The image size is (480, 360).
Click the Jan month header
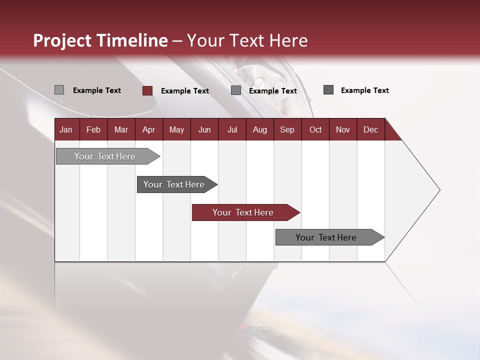click(x=66, y=129)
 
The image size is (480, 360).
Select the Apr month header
click(x=148, y=129)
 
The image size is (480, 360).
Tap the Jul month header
click(x=232, y=129)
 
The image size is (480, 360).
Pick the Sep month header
click(x=287, y=129)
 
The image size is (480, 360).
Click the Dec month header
click(x=370, y=129)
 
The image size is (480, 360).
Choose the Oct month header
click(x=315, y=129)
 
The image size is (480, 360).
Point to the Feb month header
click(x=93, y=129)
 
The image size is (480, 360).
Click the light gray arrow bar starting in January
click(x=105, y=156)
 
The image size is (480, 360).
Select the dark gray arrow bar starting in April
click(x=174, y=184)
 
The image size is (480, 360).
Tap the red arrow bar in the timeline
click(x=243, y=212)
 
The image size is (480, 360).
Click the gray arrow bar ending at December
click(x=326, y=237)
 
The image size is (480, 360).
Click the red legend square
click(x=147, y=90)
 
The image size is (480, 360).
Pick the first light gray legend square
click(x=59, y=90)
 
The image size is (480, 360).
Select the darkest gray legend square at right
click(x=328, y=90)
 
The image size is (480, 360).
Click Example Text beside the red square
click(x=185, y=91)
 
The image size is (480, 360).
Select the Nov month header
click(x=343, y=129)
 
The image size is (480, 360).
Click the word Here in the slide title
click(x=288, y=40)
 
